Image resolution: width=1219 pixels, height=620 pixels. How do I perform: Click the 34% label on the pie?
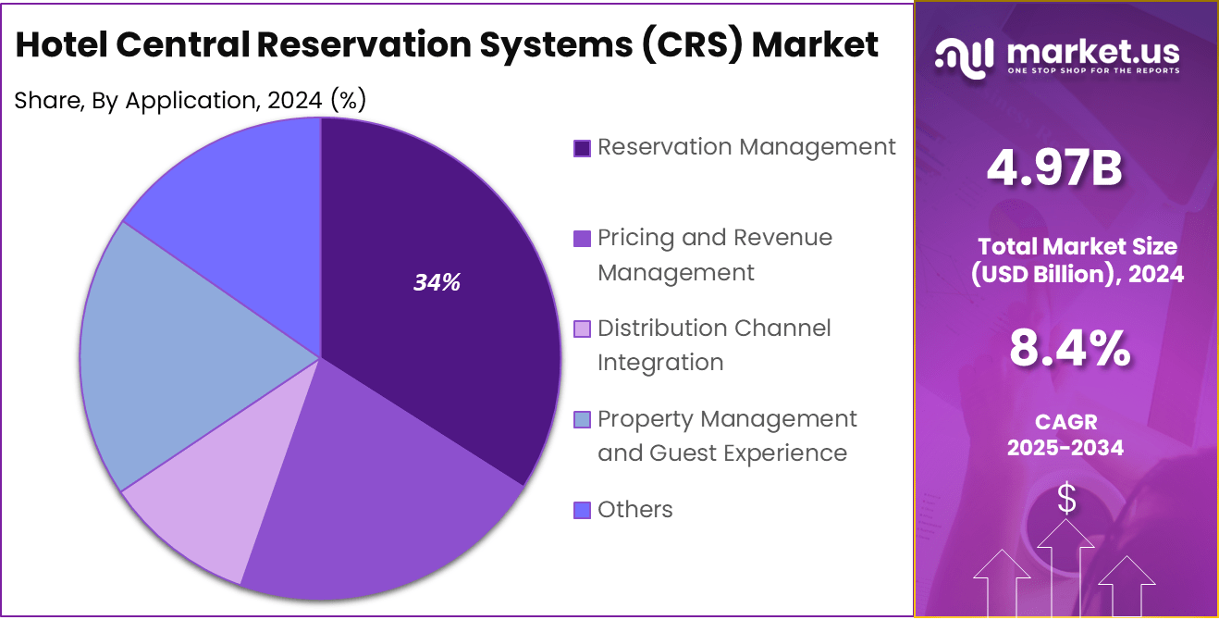[437, 283]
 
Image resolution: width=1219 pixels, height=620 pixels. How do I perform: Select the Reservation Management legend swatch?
[582, 148]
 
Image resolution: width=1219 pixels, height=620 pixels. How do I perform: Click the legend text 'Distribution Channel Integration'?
[714, 344]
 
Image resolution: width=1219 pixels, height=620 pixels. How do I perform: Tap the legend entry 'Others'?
[634, 509]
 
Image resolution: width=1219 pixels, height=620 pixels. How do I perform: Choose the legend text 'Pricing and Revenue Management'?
[714, 254]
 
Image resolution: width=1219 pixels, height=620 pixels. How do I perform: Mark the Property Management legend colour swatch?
[582, 420]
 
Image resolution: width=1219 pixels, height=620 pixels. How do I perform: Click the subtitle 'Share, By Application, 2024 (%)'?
[191, 100]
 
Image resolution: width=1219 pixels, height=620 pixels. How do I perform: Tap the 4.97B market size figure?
[1053, 168]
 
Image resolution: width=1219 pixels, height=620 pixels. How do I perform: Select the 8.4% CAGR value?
[1067, 350]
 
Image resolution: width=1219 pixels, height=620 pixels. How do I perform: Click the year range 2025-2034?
[1065, 448]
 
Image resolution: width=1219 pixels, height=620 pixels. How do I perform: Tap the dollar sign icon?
[1066, 501]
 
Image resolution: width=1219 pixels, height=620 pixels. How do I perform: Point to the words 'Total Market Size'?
[1077, 246]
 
